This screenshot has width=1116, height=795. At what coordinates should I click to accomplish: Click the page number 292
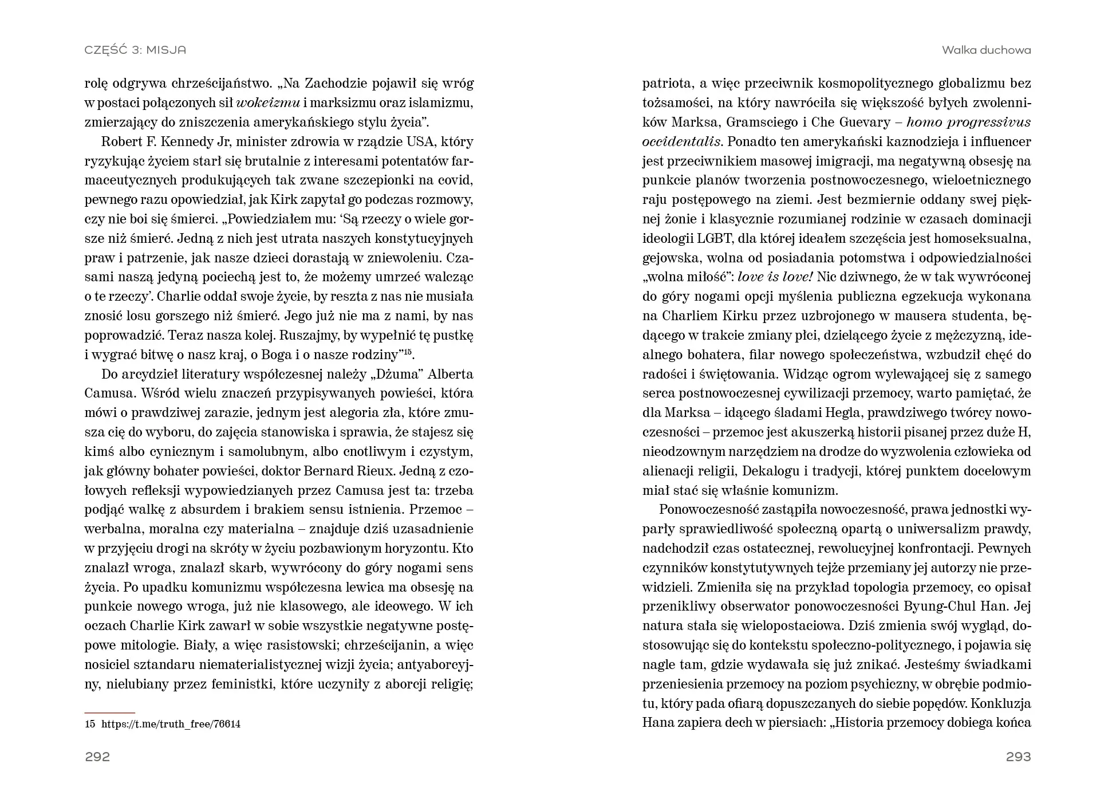[97, 757]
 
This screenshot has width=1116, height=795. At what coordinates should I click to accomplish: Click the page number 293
[1018, 757]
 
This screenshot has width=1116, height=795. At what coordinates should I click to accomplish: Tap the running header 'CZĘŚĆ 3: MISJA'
[135, 50]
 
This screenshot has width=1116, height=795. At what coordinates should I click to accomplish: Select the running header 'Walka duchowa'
[986, 50]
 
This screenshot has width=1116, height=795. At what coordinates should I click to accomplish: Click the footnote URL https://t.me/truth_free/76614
[171, 724]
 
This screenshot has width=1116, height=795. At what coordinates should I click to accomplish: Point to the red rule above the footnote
[109, 713]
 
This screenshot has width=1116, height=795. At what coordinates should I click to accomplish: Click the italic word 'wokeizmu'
[268, 103]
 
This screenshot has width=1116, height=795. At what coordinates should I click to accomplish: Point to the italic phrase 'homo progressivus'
[969, 122]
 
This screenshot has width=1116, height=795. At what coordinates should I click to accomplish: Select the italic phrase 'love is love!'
[775, 277]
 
